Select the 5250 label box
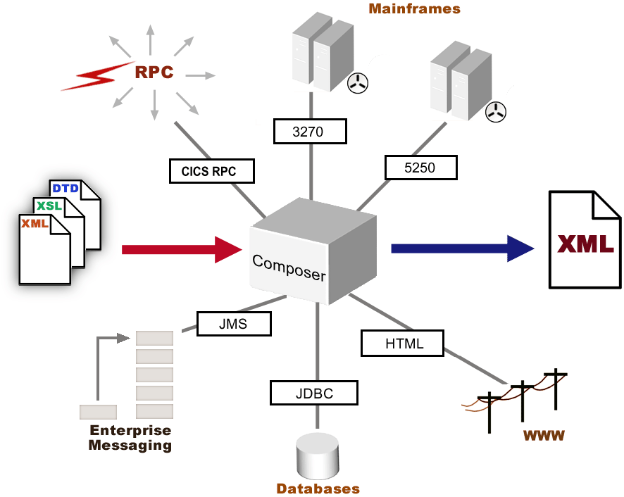pyautogui.click(x=421, y=168)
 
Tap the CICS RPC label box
pyautogui.click(x=212, y=171)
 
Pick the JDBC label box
pyautogui.click(x=314, y=392)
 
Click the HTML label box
pyautogui.click(x=402, y=343)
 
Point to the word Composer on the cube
pyautogui.click(x=289, y=267)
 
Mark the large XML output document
pyautogui.click(x=585, y=239)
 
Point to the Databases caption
pyautogui.click(x=318, y=489)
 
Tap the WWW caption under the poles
pyautogui.click(x=543, y=435)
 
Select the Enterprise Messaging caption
pyautogui.click(x=130, y=438)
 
